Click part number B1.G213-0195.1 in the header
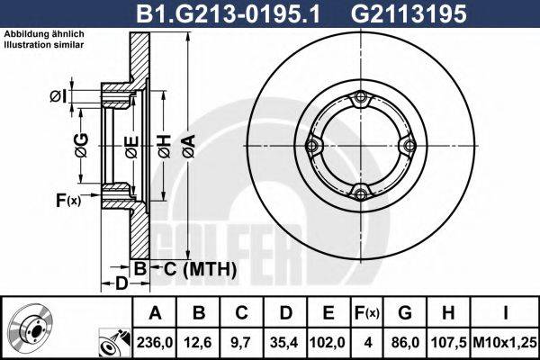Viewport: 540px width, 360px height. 228,13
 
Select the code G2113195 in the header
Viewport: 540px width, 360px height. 409,13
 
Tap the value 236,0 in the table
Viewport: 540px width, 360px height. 155,342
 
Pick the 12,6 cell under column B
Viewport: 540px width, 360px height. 198,342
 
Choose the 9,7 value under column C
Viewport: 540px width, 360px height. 241,342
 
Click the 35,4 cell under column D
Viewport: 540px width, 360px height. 284,342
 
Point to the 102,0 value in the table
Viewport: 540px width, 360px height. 328,342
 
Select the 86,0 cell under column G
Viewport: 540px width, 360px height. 405,342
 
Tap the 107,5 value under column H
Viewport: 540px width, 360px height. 448,342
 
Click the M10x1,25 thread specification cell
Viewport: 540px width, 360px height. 505,342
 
